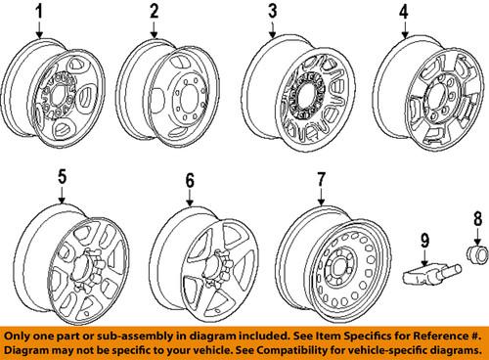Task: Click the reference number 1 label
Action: tap(39, 12)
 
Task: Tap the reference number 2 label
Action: tap(154, 12)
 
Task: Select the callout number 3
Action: tap(273, 11)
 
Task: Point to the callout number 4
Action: tap(404, 12)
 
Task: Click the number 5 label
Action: tap(63, 177)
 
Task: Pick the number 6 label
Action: tap(190, 180)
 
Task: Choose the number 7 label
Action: tap(321, 180)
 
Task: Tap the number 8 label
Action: tap(477, 219)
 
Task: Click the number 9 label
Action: tap(424, 241)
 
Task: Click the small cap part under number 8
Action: tap(477, 254)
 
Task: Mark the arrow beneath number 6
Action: tap(190, 198)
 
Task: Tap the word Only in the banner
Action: tap(17, 337)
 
